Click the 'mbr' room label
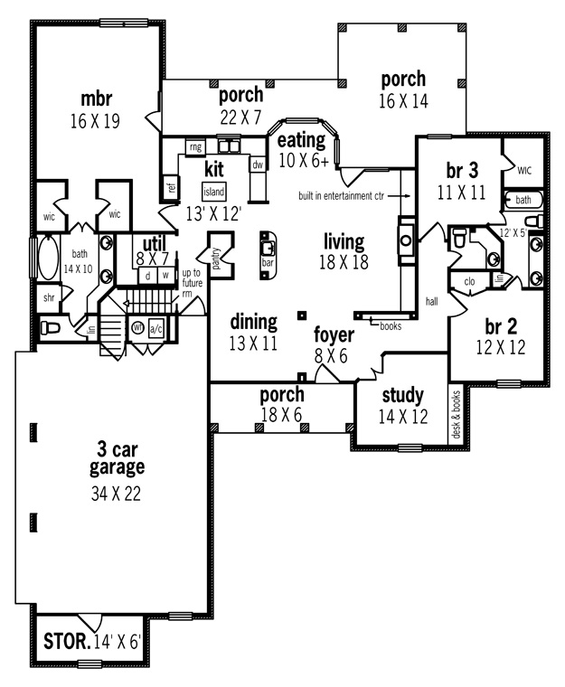(x=97, y=99)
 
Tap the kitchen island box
(x=214, y=192)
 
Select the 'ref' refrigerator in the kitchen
(x=172, y=187)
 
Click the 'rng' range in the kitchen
(x=195, y=146)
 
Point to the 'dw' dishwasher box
(x=258, y=165)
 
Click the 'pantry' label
(x=216, y=259)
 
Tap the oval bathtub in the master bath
(x=48, y=258)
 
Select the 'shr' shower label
(x=49, y=298)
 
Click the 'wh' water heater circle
(x=138, y=328)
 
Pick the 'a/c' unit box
(x=156, y=329)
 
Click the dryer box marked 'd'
(x=147, y=276)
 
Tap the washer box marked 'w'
(x=165, y=276)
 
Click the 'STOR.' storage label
(x=67, y=642)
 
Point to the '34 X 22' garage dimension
(x=116, y=494)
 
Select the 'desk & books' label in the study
(x=457, y=415)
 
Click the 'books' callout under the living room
(x=391, y=326)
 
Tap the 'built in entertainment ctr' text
(x=341, y=196)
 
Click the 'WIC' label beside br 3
(x=524, y=171)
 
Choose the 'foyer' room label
(x=334, y=335)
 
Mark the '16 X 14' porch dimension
(x=403, y=101)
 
